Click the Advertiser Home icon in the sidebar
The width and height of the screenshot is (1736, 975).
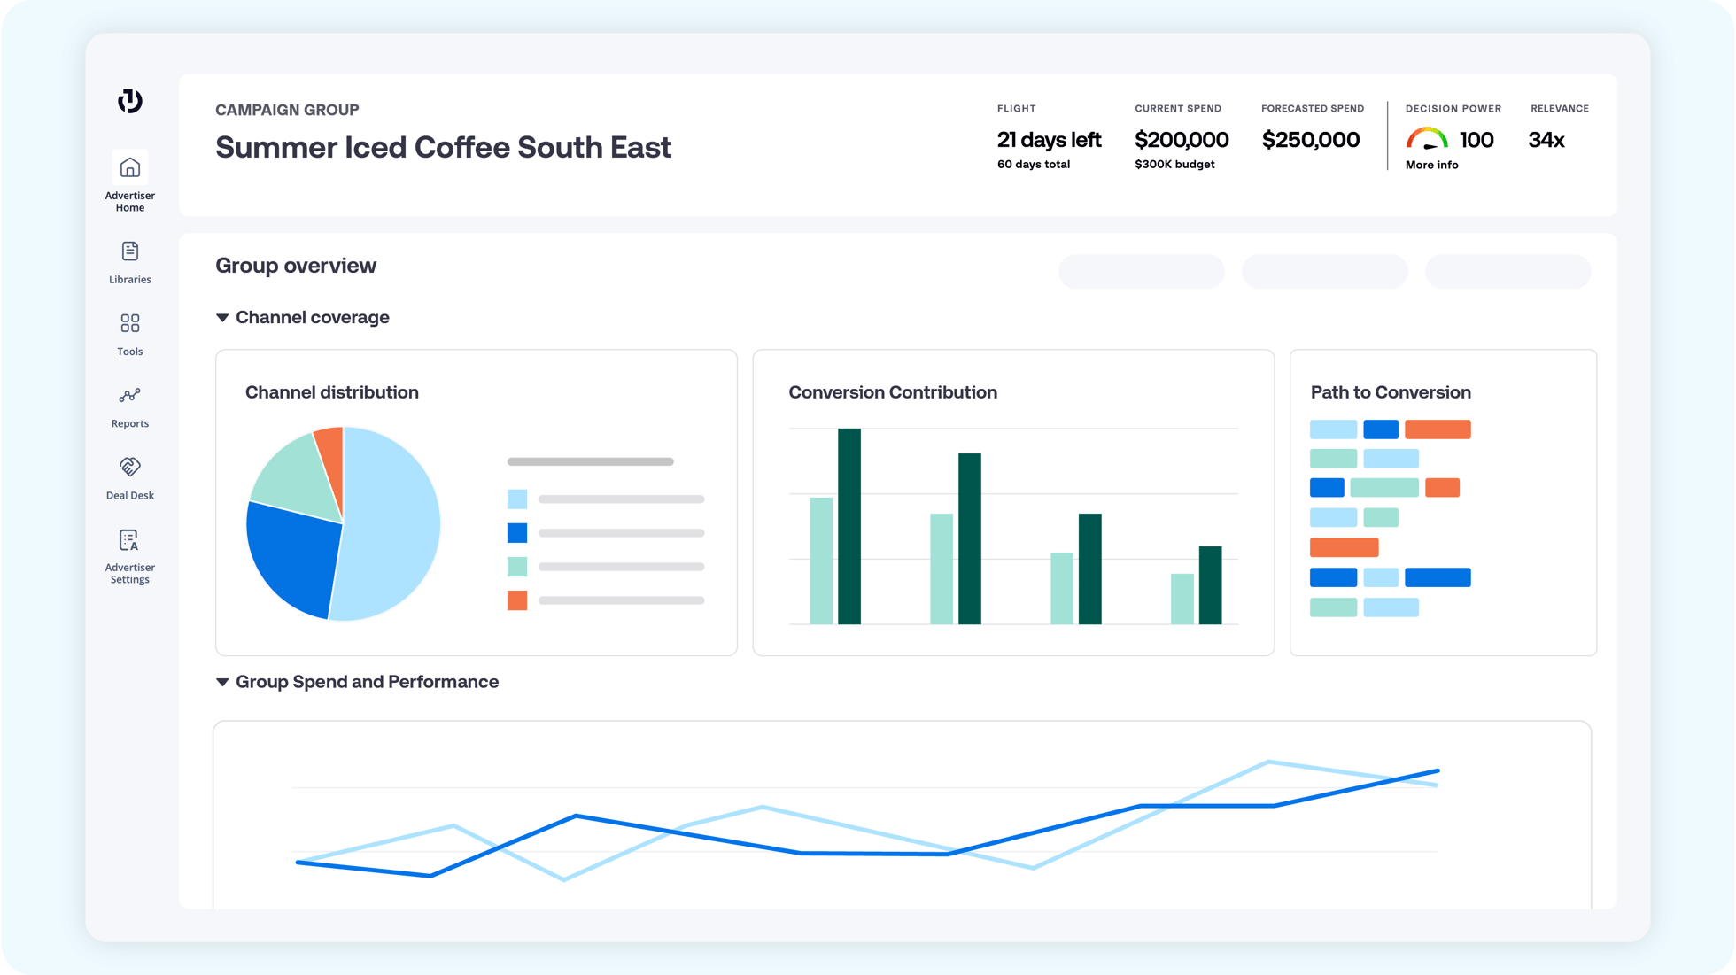point(129,167)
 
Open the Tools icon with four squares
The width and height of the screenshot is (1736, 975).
point(129,323)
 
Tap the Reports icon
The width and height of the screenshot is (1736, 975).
point(129,395)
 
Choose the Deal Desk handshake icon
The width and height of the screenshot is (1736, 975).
point(129,467)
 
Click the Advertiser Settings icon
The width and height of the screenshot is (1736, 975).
point(129,540)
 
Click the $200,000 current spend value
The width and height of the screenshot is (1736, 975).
point(1181,140)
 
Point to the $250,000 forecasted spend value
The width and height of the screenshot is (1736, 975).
point(1310,140)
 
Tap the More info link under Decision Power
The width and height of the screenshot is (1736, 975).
point(1431,166)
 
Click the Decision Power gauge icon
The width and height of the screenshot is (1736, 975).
point(1426,139)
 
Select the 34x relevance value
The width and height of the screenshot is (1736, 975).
point(1546,140)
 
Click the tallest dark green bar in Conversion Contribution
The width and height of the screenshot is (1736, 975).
point(849,526)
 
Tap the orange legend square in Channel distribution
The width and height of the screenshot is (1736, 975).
point(517,600)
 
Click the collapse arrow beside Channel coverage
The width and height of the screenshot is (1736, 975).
point(222,318)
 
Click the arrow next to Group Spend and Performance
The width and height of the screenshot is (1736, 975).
point(222,682)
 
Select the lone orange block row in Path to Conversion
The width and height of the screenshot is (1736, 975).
point(1344,547)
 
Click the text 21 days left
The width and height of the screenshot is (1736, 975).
point(1049,140)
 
